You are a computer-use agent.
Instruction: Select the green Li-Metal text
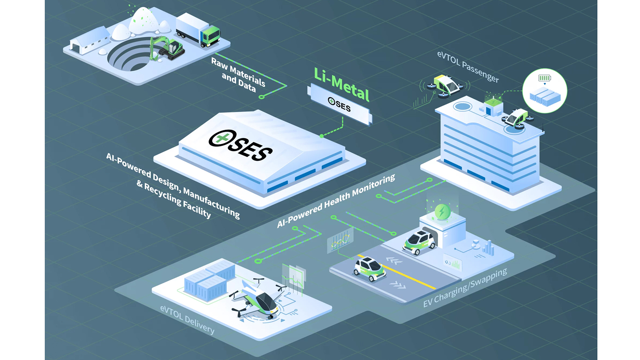[341, 84]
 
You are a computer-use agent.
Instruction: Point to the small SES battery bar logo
[339, 105]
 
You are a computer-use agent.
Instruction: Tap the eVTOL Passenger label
[468, 66]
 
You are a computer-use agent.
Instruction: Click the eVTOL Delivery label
[187, 319]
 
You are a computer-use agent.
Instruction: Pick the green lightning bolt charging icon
[442, 211]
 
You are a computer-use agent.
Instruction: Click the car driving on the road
[369, 268]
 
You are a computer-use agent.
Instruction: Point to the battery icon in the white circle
[544, 78]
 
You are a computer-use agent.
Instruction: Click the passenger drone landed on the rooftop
[517, 119]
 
